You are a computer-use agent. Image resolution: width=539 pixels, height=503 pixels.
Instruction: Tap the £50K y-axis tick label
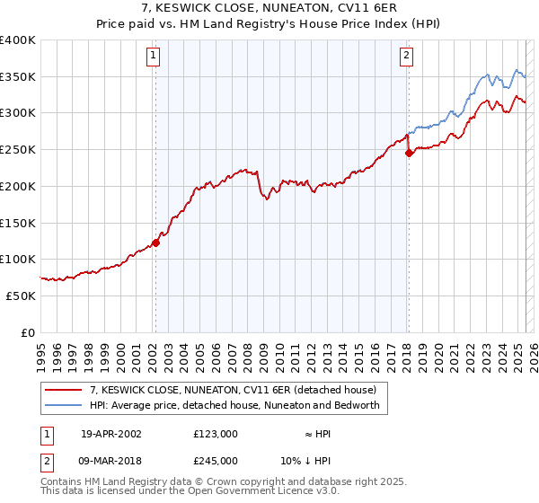(x=20, y=296)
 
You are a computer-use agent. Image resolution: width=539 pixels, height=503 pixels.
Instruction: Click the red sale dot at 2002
(x=155, y=242)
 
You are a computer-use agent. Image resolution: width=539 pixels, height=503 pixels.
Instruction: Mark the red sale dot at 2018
(x=409, y=153)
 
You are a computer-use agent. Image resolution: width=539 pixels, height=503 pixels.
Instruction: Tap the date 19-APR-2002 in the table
(x=111, y=434)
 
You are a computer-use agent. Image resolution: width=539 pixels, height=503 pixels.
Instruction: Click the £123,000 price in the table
(x=216, y=434)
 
